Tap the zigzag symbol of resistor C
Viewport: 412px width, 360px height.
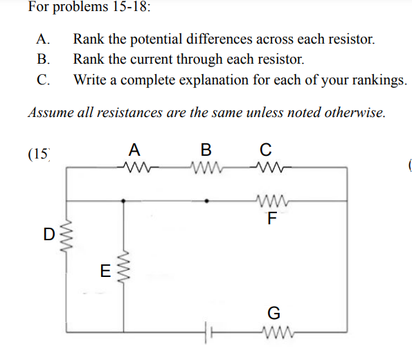tap(267, 166)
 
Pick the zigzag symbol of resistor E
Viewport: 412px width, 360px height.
tap(125, 267)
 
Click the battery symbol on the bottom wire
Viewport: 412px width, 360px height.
tap(206, 330)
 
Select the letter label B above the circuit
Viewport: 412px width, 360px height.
tap(206, 149)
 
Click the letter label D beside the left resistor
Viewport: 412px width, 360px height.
tap(49, 233)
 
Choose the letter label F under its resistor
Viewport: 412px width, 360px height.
tap(271, 220)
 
